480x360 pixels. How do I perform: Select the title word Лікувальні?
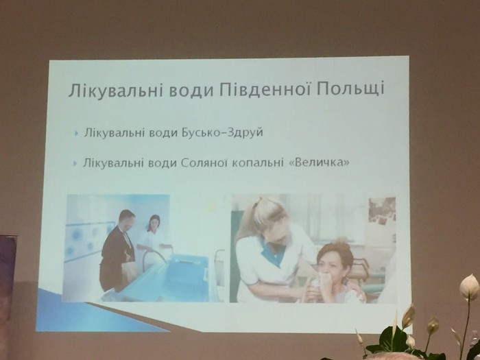pos(115,89)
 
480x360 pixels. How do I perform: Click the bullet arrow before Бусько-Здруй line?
pos(76,134)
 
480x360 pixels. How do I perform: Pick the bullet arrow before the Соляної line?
pos(75,163)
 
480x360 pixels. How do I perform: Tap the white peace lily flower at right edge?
pos(469,287)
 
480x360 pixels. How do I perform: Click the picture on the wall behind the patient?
pos(382,211)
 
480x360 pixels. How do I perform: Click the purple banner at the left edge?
pos(8,288)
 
